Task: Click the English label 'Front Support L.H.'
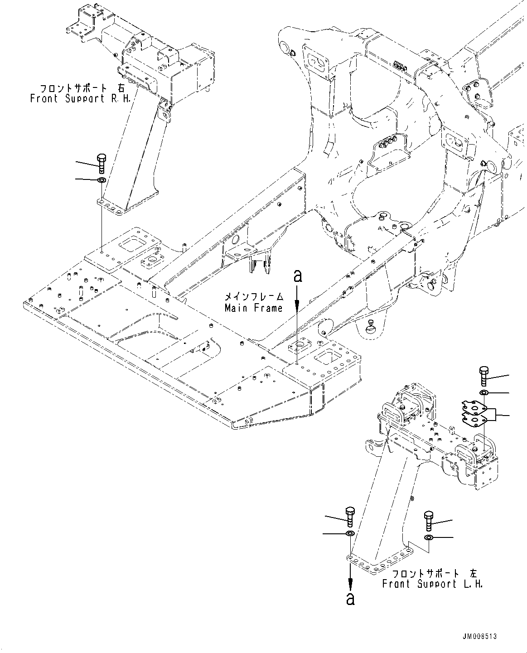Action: pos(432,584)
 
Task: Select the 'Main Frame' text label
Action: pos(254,308)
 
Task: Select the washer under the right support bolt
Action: pos(102,180)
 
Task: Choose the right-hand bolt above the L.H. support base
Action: pos(428,521)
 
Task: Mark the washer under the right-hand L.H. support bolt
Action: pos(429,538)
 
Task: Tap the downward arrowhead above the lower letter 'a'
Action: pos(350,583)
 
